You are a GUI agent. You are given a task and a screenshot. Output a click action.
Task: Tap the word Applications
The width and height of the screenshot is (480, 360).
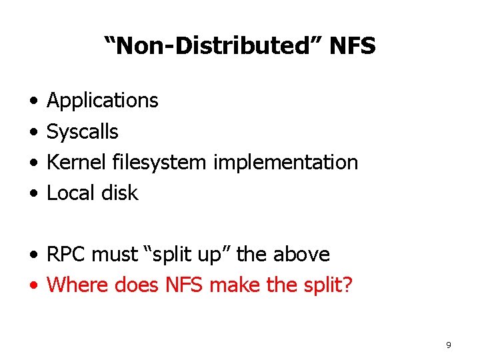103,101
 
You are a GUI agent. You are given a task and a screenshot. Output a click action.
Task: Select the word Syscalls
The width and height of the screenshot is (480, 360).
82,132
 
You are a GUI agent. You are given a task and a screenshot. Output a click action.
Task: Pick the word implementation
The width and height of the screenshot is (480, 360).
285,162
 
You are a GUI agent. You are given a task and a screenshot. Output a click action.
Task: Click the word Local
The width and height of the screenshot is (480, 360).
71,193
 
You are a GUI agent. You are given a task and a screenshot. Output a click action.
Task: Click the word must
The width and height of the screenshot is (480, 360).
116,255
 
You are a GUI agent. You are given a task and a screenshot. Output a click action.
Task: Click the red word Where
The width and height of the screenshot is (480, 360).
78,285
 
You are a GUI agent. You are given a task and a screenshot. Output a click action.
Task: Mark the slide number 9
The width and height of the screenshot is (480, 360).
448,345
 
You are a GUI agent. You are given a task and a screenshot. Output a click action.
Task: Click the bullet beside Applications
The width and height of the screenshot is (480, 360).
33,101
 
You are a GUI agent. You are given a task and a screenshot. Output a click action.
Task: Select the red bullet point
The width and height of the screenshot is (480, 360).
33,286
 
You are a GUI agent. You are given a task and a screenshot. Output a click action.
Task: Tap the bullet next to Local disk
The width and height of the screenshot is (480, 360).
33,194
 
